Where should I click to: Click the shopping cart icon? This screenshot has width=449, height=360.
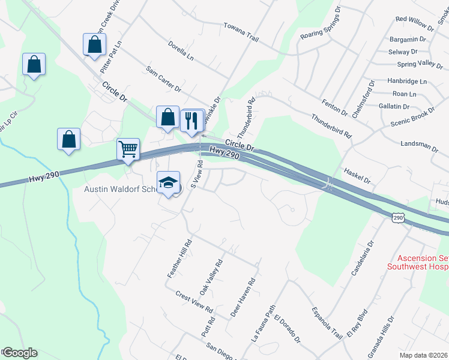(x=128, y=149)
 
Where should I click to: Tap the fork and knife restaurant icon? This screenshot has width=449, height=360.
(x=192, y=119)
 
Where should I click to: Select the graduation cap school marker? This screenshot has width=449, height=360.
(x=168, y=182)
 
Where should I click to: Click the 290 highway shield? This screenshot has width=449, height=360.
(x=397, y=218)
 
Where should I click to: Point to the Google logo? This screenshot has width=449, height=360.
(x=19, y=353)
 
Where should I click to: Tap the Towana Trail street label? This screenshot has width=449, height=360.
(x=240, y=34)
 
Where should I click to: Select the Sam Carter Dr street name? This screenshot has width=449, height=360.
(x=163, y=80)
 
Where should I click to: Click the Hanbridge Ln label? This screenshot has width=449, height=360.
(x=406, y=81)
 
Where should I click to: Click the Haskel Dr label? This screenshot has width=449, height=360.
(x=358, y=175)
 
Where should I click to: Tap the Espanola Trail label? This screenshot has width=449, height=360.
(x=327, y=322)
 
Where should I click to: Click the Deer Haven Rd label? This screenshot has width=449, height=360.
(x=243, y=297)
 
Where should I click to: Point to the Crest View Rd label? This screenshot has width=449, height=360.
(x=194, y=302)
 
